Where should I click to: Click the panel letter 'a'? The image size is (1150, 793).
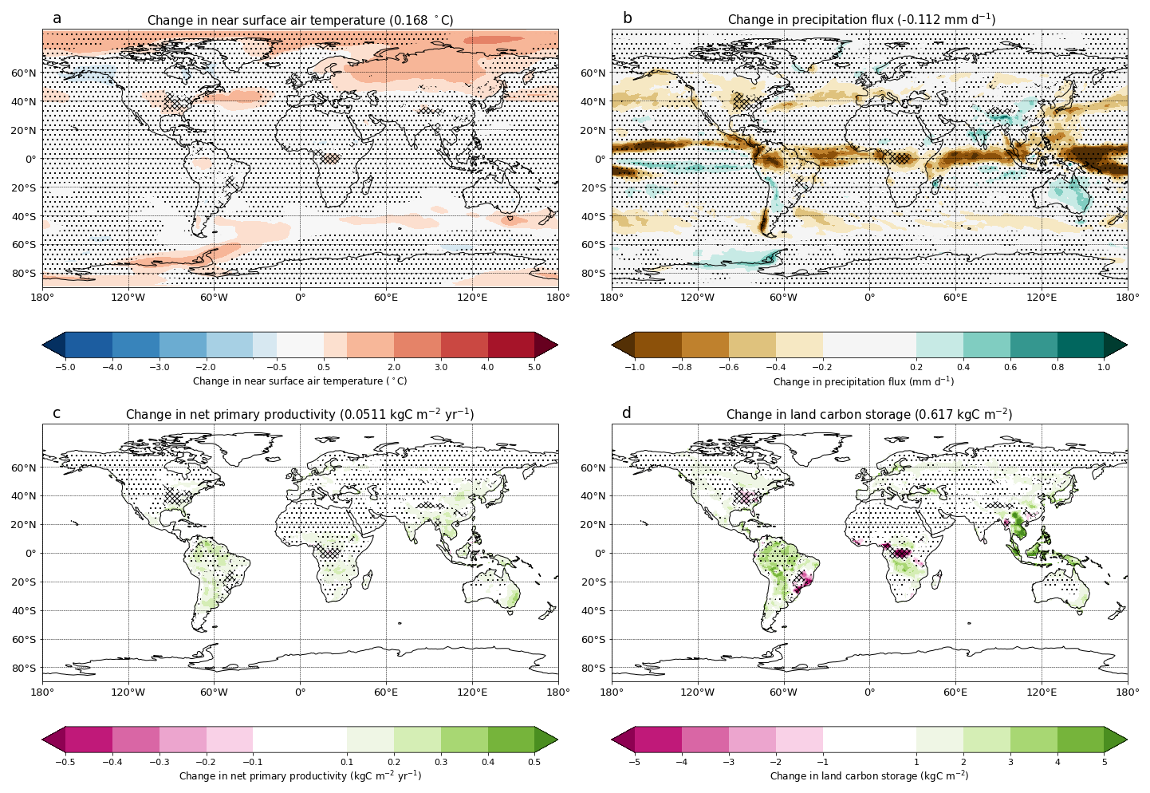point(57,18)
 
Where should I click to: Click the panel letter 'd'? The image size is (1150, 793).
point(626,412)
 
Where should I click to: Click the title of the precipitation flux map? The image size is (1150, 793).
point(861,20)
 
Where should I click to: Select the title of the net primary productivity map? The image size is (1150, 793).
point(300,415)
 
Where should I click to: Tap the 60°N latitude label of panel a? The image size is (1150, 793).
point(22,73)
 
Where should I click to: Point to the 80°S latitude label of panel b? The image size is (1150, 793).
point(592,274)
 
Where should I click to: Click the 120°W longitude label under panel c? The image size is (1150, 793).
point(128,692)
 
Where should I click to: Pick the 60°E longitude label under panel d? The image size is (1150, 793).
point(955,692)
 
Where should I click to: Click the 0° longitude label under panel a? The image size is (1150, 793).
point(300,298)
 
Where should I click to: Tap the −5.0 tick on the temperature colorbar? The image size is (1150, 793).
point(65,367)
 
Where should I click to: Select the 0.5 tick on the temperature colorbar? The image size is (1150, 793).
point(324,367)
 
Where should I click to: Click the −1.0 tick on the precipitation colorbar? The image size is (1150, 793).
point(634,367)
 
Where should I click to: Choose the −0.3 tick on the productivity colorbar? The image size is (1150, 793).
point(160,762)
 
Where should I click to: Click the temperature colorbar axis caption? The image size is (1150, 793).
point(300,381)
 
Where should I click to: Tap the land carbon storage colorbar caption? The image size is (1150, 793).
point(869,775)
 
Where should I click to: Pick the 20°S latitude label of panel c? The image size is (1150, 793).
point(22,582)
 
